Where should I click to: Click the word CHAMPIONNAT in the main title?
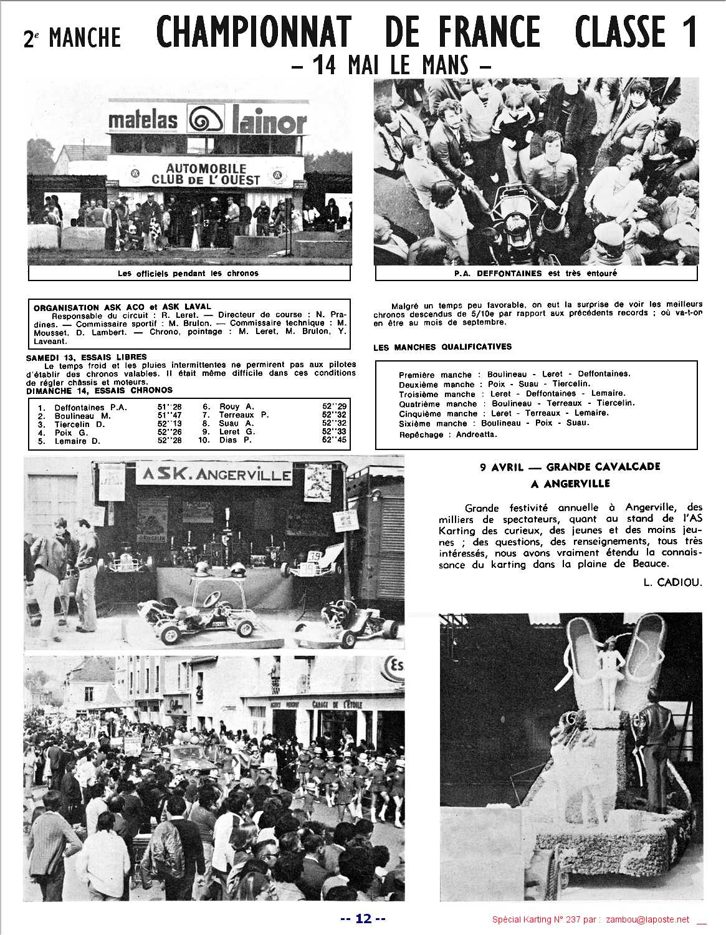pos(254,32)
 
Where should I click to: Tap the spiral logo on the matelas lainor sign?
pos(204,121)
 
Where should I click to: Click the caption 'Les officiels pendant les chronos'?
pos(188,273)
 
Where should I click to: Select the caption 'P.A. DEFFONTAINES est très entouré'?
pos(535,273)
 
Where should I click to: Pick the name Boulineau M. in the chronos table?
pos(82,415)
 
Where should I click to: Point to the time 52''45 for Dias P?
pos(334,440)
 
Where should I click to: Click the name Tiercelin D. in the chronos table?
pos(80,424)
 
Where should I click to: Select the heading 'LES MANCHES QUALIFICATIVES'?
pos(442,347)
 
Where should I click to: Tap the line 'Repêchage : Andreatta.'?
pos(448,434)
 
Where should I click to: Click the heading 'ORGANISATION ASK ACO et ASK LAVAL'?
pos(122,307)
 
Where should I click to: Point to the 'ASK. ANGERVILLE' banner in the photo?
pos(215,476)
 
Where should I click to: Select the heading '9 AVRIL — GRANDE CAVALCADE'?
pos(570,466)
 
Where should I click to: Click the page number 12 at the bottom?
pos(363,918)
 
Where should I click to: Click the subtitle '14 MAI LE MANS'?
pos(392,65)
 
